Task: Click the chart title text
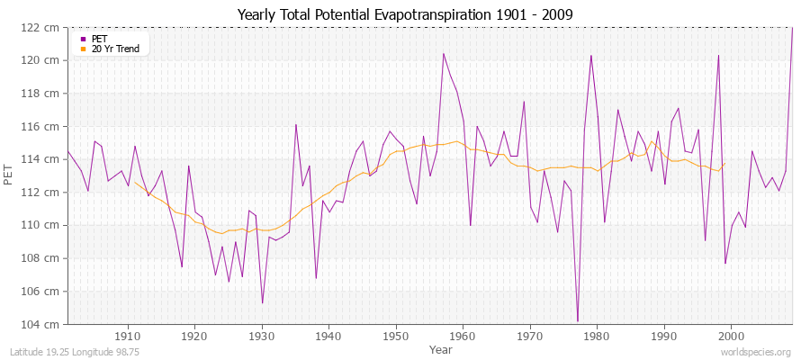click(x=404, y=15)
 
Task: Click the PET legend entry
click(x=100, y=39)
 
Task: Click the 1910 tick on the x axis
click(x=128, y=335)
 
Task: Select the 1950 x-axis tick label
click(x=396, y=335)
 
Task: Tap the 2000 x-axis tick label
click(x=731, y=335)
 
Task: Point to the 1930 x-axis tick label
click(x=262, y=335)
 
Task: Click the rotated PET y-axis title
click(x=10, y=175)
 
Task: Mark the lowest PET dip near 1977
click(x=577, y=320)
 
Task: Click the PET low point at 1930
click(x=262, y=302)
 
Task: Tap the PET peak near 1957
click(x=443, y=54)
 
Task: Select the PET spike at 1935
click(x=295, y=125)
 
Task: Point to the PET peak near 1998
click(x=718, y=56)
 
